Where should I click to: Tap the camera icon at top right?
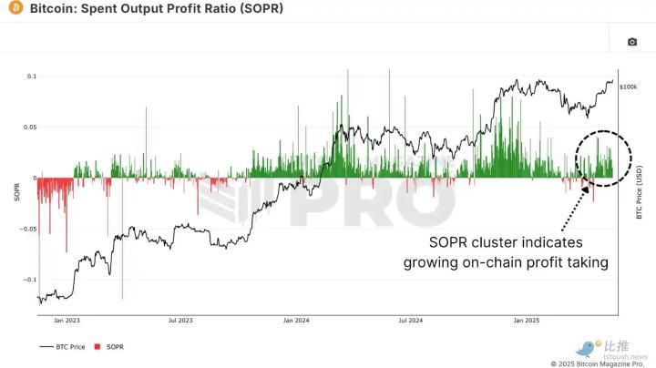tap(632, 42)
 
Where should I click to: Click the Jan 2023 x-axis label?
tap(67, 321)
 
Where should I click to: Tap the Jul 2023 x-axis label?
tap(180, 321)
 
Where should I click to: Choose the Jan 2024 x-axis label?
tap(296, 321)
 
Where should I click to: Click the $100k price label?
tap(628, 87)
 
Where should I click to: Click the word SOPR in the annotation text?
tap(450, 243)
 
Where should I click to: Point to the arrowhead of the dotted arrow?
tap(584, 187)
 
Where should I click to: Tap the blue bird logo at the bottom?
tap(585, 348)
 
